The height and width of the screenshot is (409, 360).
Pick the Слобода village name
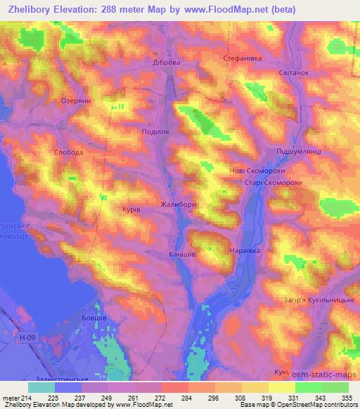pos(69,152)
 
